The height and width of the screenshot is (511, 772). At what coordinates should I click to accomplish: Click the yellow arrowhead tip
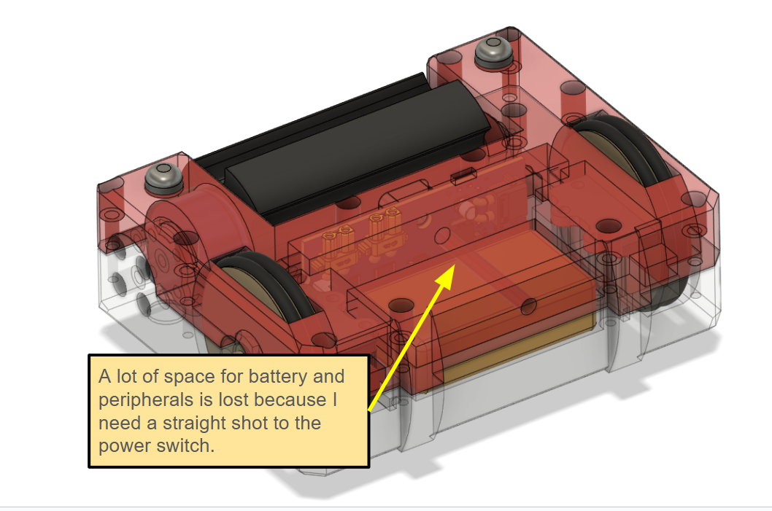[453, 265]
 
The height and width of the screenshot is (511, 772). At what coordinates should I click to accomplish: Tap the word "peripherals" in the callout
[146, 400]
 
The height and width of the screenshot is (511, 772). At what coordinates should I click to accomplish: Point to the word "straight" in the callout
[194, 424]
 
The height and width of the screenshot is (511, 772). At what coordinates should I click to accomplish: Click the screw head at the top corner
[493, 50]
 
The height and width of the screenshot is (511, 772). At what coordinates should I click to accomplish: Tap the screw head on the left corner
[163, 176]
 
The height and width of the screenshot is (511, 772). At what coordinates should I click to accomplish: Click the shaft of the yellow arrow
[411, 338]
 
